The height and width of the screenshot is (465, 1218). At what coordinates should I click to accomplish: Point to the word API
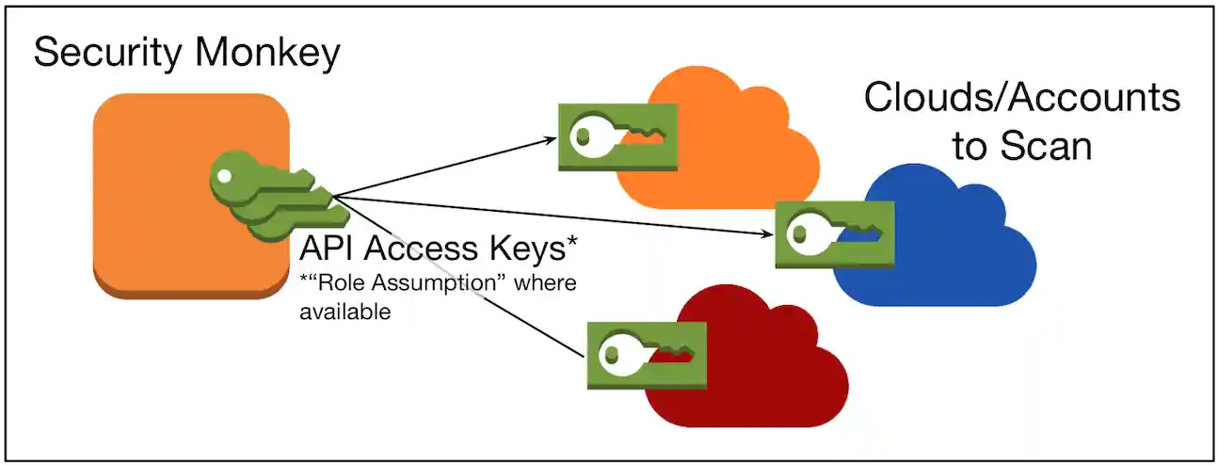pos(329,249)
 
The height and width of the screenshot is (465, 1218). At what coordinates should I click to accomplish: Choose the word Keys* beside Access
pos(532,249)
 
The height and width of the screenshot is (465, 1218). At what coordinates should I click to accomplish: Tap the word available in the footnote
pos(345,313)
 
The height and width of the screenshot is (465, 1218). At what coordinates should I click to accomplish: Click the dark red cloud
pos(753,377)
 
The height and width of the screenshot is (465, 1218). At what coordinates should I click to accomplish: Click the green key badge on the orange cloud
pos(617,137)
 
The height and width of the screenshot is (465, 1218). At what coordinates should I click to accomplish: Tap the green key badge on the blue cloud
pos(834,233)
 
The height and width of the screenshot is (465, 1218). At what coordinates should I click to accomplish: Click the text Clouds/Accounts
pos(1020,98)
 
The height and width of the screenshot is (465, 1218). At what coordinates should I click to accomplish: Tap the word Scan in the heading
pos(1045,147)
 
